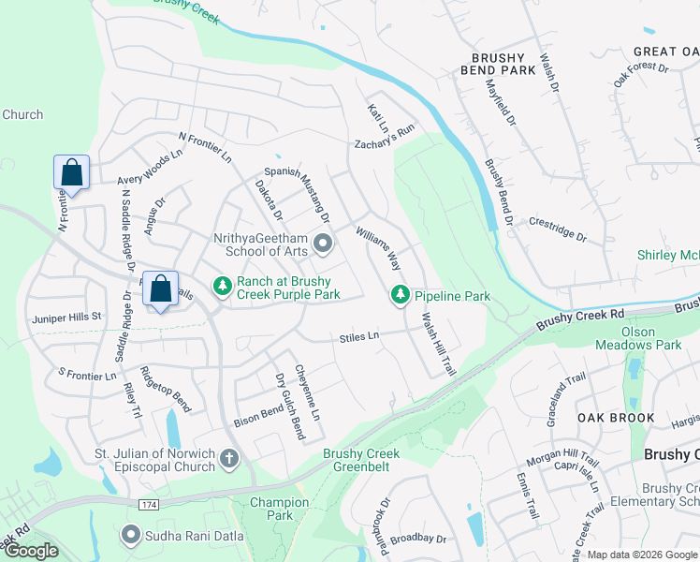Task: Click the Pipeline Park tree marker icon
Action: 401,295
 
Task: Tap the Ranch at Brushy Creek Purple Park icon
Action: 222,284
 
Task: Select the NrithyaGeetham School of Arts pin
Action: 324,244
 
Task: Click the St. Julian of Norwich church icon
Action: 230,459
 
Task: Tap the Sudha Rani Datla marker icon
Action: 130,535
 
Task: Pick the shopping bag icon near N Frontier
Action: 72,172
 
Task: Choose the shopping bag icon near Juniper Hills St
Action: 160,288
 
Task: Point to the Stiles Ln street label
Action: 359,335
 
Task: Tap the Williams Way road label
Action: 377,247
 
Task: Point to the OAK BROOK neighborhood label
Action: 607,417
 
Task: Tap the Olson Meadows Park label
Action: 638,338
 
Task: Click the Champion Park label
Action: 279,509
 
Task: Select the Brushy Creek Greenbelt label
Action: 361,460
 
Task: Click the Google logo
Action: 30,551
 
